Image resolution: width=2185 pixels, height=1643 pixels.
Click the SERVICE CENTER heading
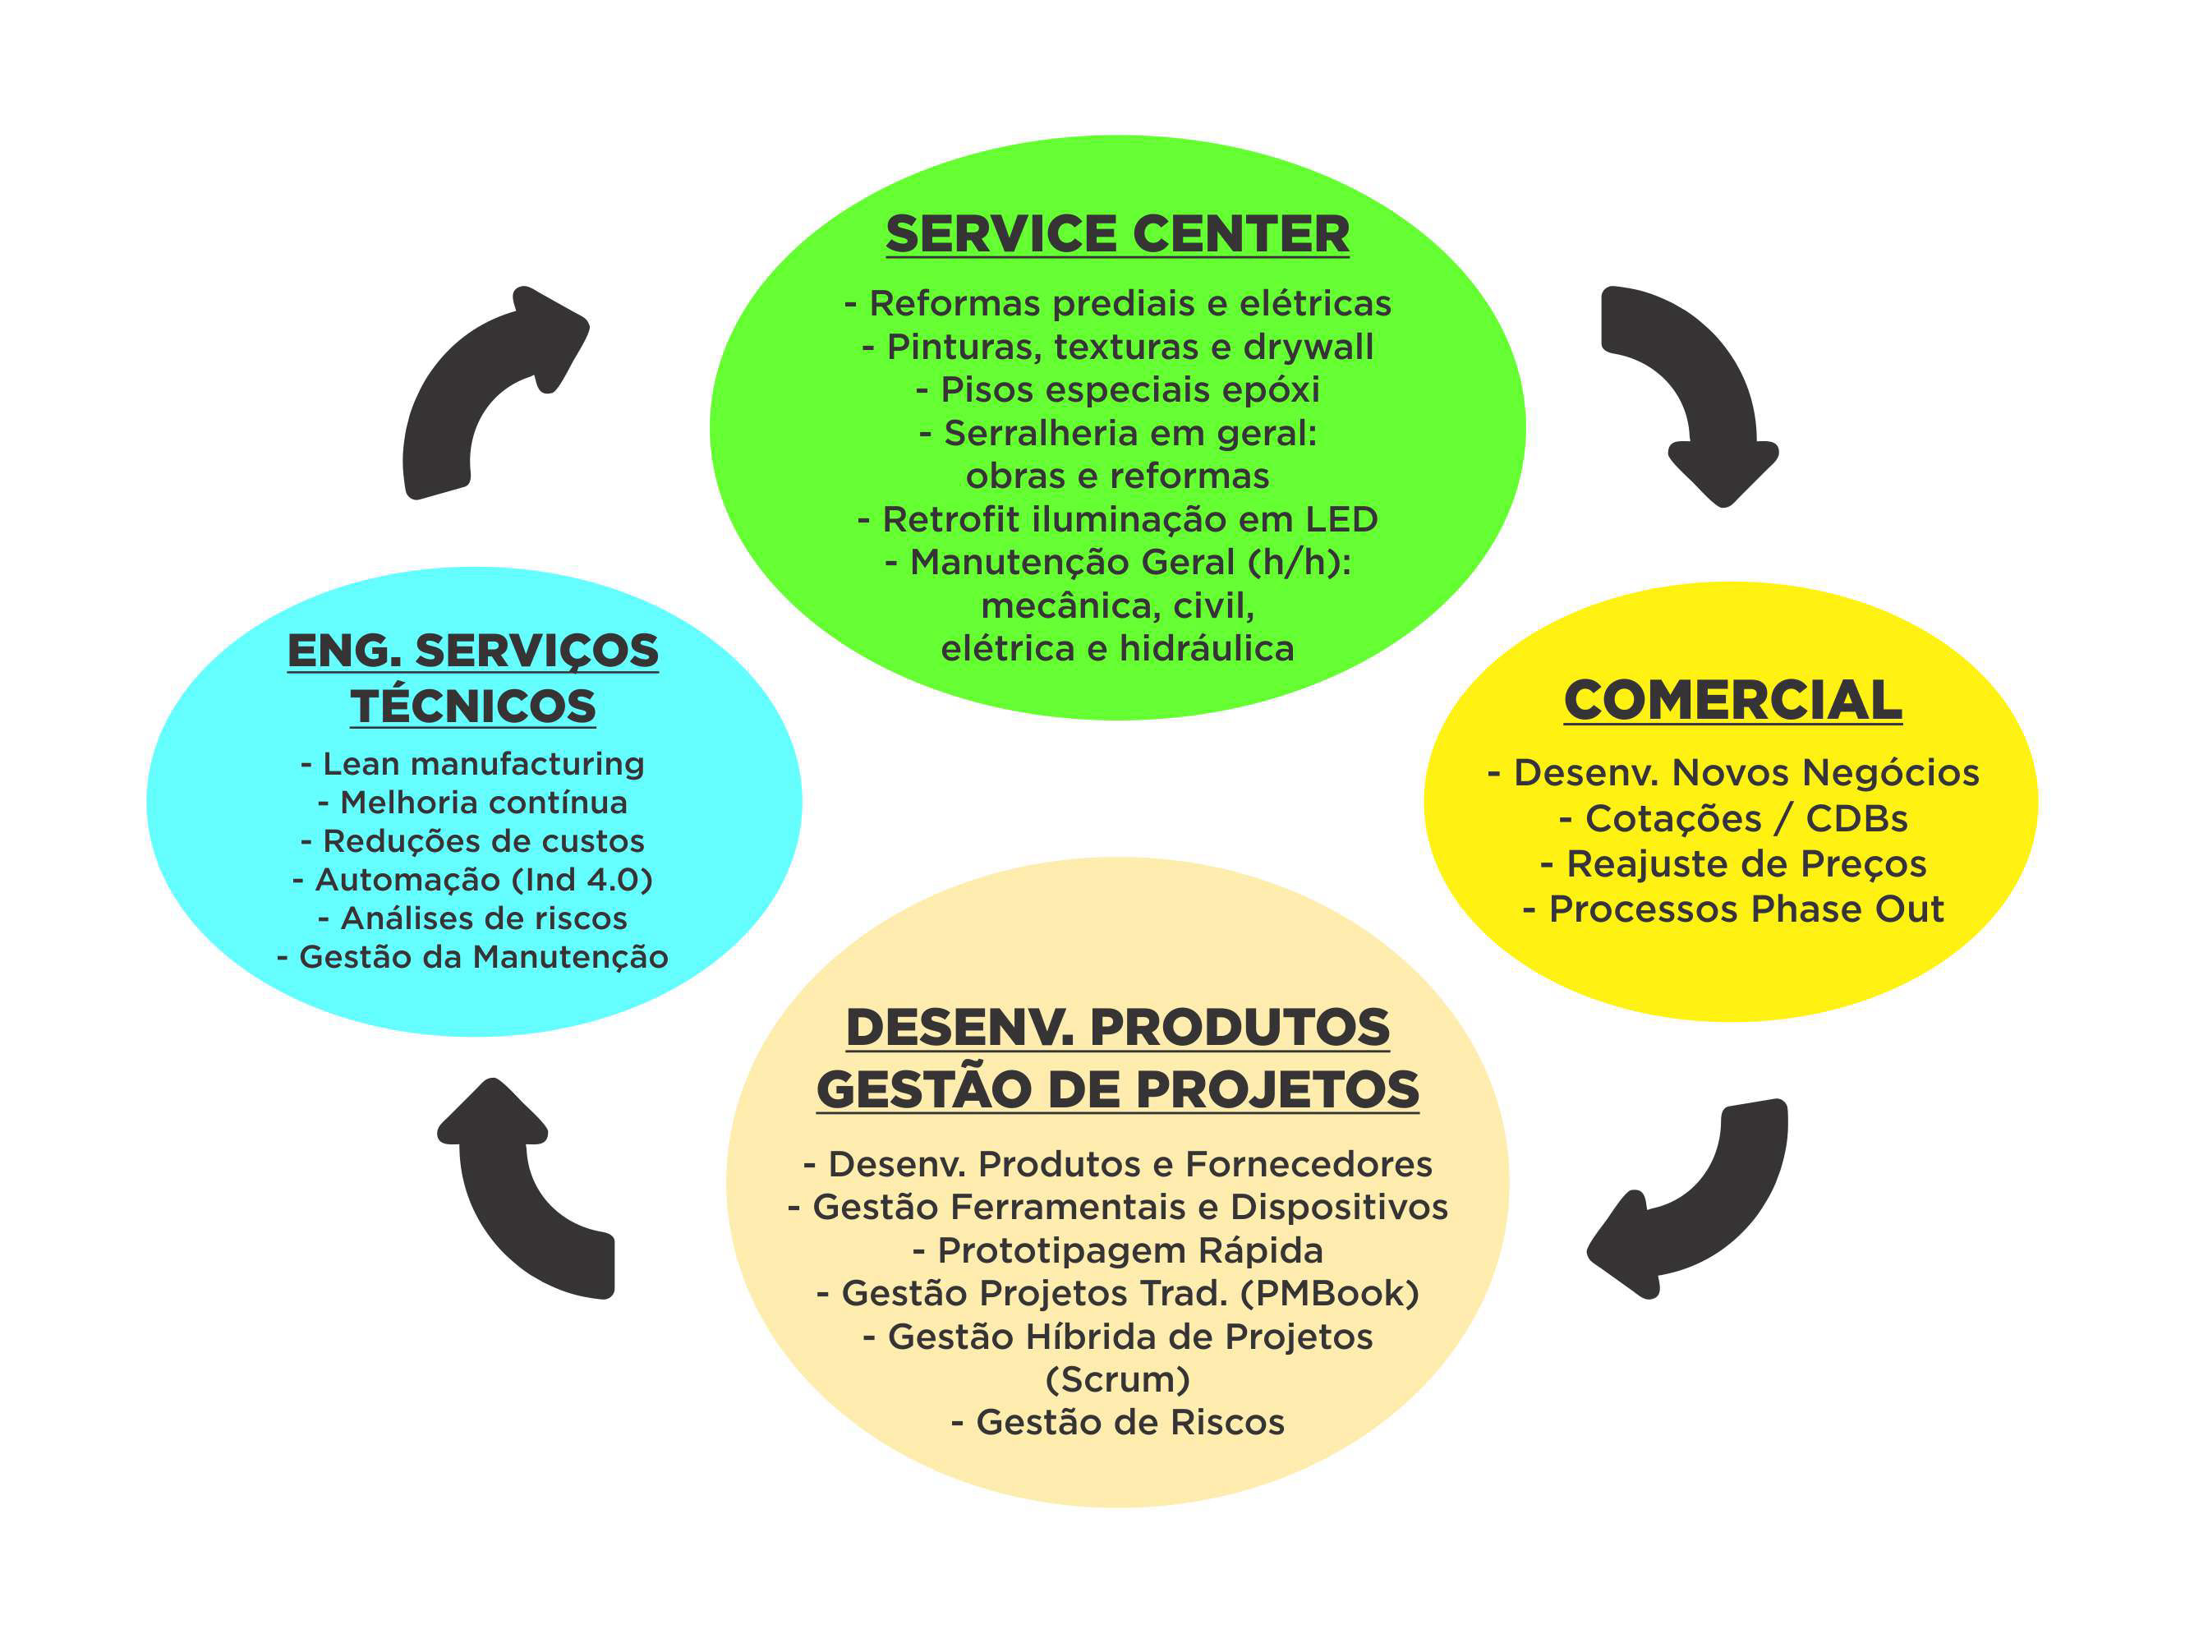pyautogui.click(x=1117, y=234)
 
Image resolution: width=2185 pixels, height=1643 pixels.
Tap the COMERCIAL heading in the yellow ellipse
pyautogui.click(x=1732, y=701)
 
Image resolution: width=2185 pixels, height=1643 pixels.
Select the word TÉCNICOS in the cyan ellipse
pyautogui.click(x=473, y=706)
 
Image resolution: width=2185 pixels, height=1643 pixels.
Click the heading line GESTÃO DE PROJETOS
pyautogui.click(x=1117, y=1090)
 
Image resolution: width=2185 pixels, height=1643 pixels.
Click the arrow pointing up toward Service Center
pyautogui.click(x=484, y=385)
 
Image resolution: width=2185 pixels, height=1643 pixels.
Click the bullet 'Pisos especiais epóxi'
pyautogui.click(x=1117, y=389)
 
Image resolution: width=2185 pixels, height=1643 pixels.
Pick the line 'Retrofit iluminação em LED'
pyautogui.click(x=1117, y=518)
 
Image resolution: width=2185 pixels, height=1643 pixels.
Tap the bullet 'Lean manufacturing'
pyautogui.click(x=473, y=764)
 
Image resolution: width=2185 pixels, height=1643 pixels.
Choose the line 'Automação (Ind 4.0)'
pyautogui.click(x=473, y=879)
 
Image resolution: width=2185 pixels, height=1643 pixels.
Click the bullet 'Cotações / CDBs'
pyautogui.click(x=1732, y=818)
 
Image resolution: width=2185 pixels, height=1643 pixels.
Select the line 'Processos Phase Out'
pyautogui.click(x=1732, y=909)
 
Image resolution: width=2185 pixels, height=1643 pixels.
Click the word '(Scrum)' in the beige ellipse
pyautogui.click(x=1117, y=1379)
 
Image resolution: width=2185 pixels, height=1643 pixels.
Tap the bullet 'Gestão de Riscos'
pyautogui.click(x=1117, y=1423)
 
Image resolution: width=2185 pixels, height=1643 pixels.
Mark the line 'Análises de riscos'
pyautogui.click(x=473, y=918)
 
